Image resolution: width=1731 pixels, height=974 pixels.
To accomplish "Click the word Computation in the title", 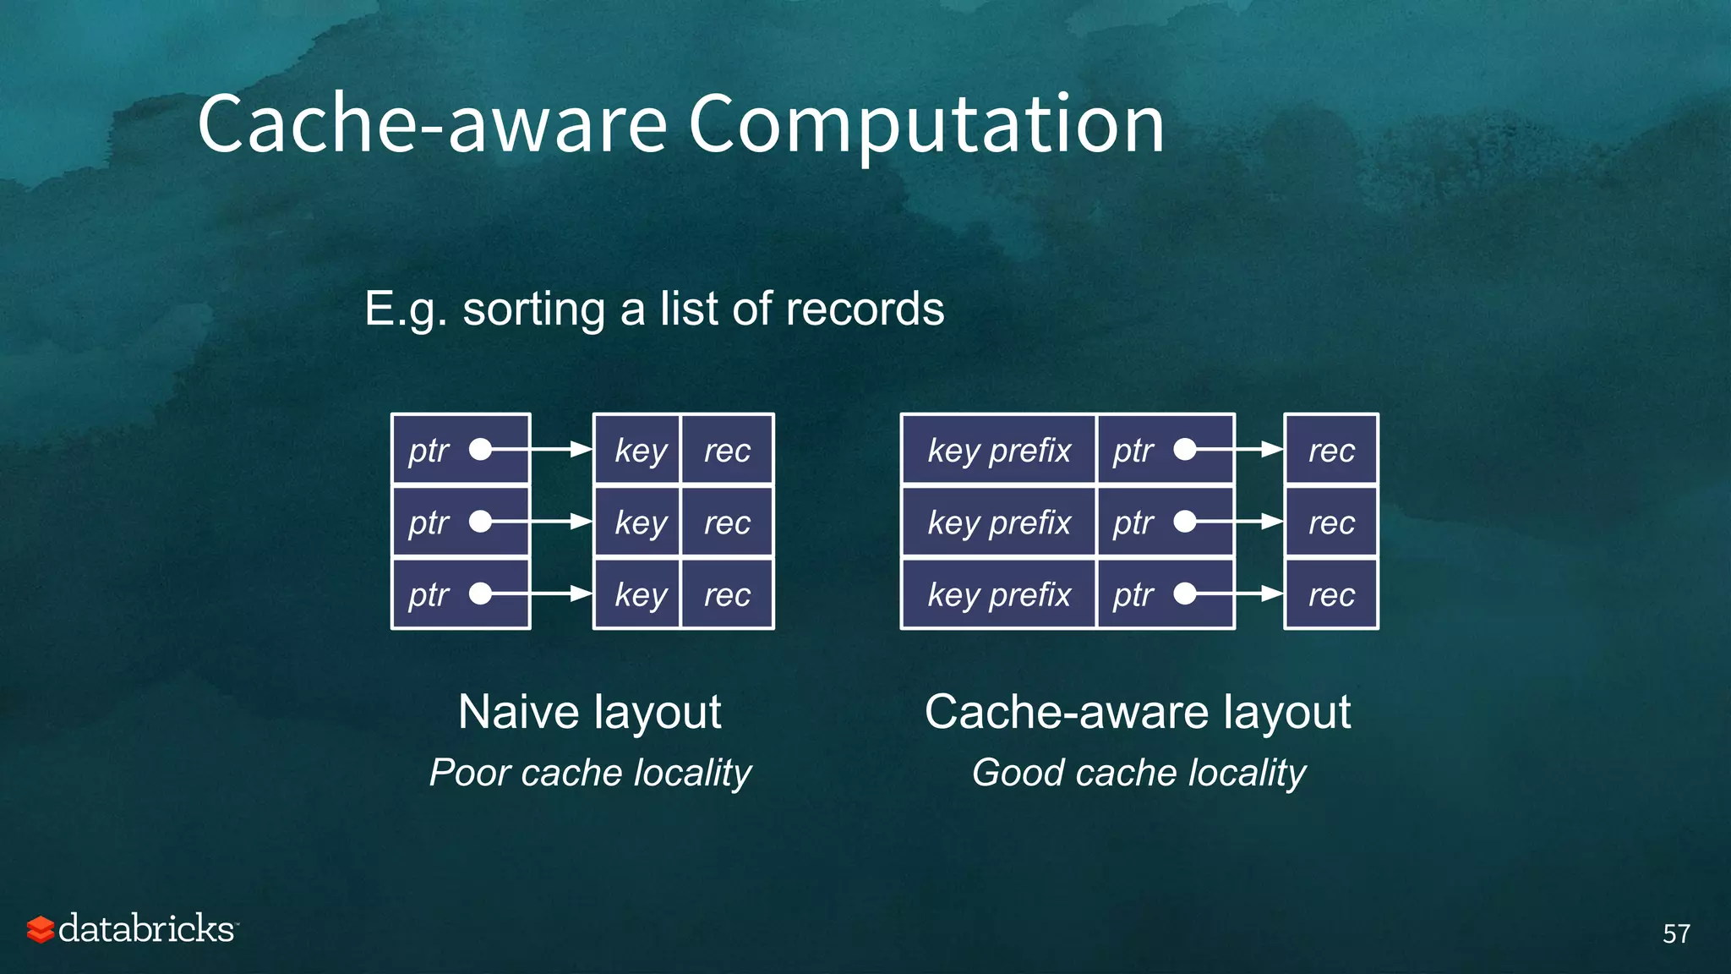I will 926,125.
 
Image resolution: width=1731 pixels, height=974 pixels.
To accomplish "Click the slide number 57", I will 1676,933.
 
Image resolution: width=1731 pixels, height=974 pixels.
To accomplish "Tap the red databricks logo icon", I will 40,929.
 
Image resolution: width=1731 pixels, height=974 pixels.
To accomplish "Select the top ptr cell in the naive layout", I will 461,450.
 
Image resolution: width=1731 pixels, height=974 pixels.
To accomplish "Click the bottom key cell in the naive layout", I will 638,594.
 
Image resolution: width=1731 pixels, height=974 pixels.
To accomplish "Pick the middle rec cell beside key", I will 727,523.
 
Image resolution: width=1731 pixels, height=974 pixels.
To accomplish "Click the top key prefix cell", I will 999,450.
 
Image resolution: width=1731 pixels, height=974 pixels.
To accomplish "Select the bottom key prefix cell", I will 999,594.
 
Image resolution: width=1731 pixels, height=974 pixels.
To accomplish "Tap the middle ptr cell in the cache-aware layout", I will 1165,523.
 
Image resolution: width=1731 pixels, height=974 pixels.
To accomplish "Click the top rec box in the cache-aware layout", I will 1331,450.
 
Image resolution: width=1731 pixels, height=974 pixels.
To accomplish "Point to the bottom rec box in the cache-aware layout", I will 1331,594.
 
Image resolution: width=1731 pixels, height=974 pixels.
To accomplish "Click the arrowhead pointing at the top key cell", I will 582,450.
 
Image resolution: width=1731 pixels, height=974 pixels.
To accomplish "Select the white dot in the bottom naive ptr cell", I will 480,594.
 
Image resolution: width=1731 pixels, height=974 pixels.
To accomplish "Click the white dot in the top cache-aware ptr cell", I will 1185,450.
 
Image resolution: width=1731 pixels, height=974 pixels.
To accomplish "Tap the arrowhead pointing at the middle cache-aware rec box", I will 1272,523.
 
